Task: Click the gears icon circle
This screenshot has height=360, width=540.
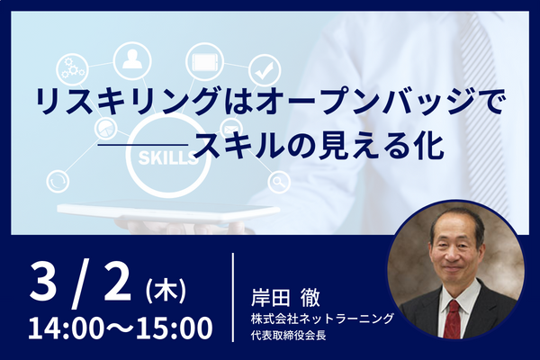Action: click(x=72, y=68)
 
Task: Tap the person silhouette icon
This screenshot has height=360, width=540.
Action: click(x=132, y=59)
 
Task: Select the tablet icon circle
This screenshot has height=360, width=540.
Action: click(x=204, y=62)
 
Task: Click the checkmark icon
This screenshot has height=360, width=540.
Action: click(x=264, y=71)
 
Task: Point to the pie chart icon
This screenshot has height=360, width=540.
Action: click(x=106, y=129)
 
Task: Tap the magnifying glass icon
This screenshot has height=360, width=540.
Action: click(x=279, y=182)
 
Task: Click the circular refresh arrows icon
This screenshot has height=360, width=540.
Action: click(x=58, y=182)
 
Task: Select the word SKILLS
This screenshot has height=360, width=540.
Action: click(x=167, y=157)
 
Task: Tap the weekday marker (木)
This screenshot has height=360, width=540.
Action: click(x=166, y=292)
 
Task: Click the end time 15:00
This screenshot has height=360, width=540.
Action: click(x=175, y=328)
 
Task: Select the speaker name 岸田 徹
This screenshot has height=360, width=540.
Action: click(x=285, y=297)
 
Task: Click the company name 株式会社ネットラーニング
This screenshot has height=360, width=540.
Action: click(x=321, y=319)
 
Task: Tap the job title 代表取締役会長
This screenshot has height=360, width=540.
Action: click(x=289, y=335)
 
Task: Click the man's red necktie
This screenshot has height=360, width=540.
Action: click(x=452, y=319)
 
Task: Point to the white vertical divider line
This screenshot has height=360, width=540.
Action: click(x=233, y=297)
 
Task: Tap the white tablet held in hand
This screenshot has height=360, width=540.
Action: click(x=168, y=210)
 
